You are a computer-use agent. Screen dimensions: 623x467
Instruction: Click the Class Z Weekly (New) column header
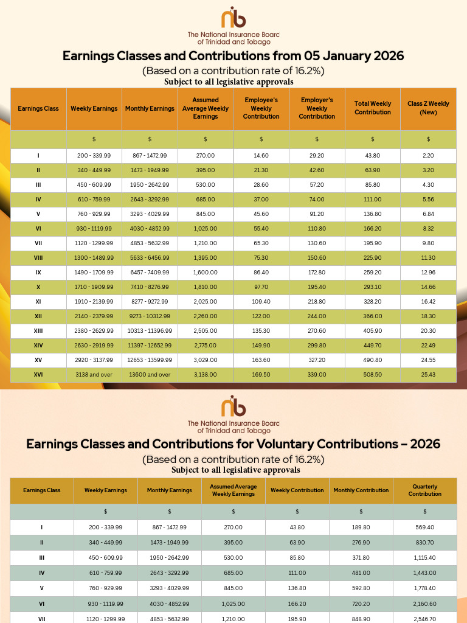click(x=428, y=108)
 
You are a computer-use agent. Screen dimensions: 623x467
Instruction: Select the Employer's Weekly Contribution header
click(x=317, y=108)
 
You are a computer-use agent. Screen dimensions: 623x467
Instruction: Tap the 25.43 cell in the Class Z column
click(x=428, y=375)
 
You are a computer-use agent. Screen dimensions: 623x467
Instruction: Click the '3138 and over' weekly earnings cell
click(x=94, y=375)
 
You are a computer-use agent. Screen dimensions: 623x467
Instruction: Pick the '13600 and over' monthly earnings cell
click(x=150, y=375)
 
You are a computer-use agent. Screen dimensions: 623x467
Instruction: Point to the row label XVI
click(x=38, y=375)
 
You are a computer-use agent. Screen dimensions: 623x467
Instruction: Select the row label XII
click(x=38, y=316)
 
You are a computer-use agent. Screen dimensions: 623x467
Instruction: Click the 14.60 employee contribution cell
click(x=261, y=156)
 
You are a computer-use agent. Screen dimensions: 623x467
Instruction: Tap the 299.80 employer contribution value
click(x=317, y=346)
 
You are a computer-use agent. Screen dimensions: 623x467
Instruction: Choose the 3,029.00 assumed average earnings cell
click(x=206, y=360)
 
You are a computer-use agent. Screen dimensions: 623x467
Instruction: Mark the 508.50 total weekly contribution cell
click(x=373, y=375)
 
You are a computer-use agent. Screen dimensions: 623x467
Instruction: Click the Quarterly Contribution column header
click(x=424, y=490)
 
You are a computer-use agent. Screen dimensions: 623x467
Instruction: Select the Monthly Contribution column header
click(x=361, y=490)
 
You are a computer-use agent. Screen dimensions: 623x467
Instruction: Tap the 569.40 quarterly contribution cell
click(x=424, y=527)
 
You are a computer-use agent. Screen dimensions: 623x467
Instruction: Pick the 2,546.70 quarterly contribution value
click(x=424, y=619)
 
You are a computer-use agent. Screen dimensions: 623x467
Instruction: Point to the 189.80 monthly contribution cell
click(x=361, y=527)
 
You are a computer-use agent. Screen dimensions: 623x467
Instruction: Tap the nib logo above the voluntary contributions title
click(x=233, y=406)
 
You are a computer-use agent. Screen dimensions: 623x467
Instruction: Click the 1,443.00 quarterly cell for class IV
click(x=424, y=573)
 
